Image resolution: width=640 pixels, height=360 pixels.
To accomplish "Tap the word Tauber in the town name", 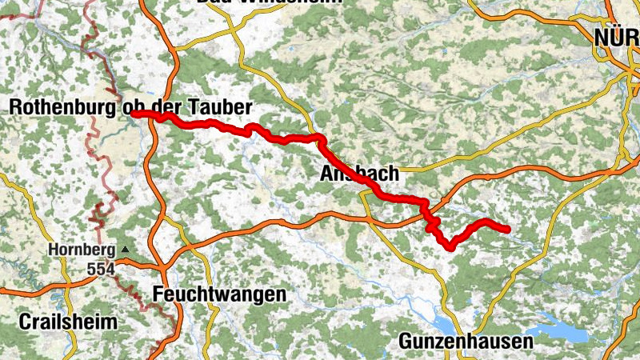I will (x=226, y=107).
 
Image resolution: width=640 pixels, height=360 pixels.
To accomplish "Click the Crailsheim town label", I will (x=64, y=322).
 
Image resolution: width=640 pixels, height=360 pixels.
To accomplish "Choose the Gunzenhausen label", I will (x=466, y=342).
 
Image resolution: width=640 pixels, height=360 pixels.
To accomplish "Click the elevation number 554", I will (x=102, y=270).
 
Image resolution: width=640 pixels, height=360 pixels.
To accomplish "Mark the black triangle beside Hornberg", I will (x=125, y=250).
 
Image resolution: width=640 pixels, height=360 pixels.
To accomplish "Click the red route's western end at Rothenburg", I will (x=133, y=114).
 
